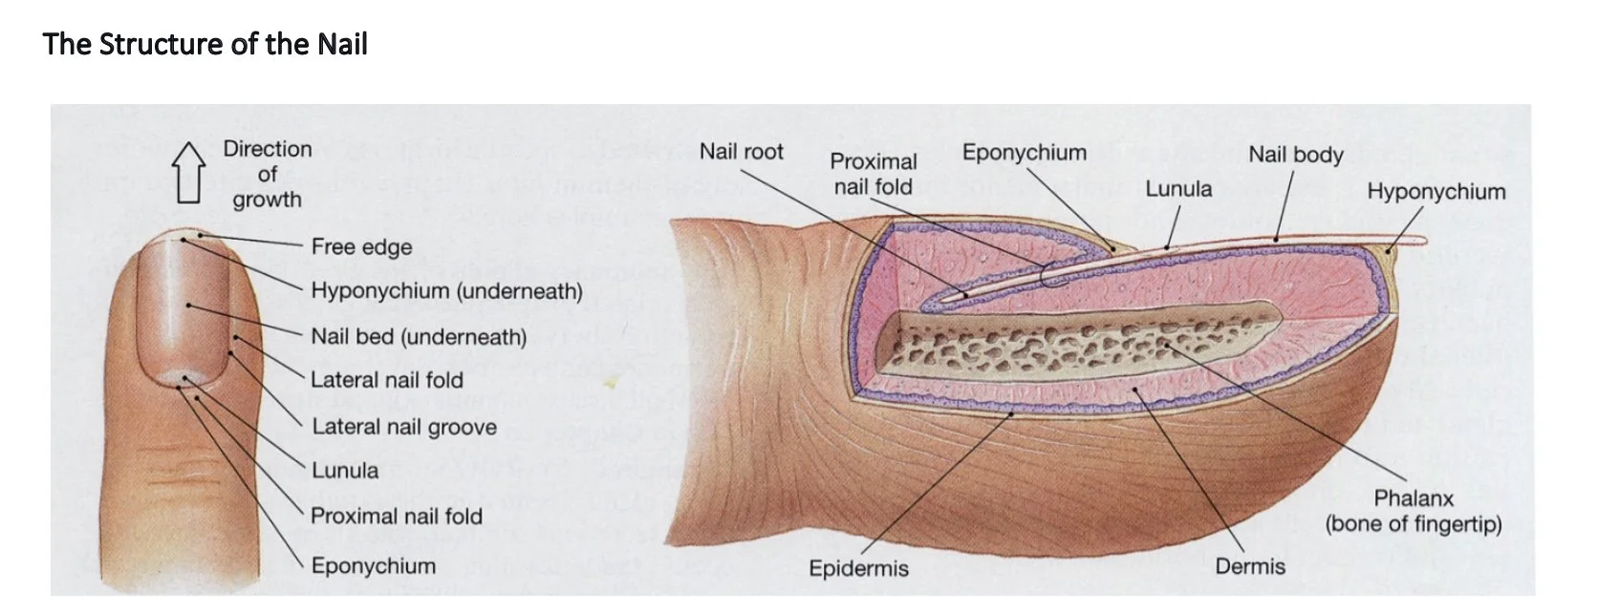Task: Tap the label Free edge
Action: (361, 247)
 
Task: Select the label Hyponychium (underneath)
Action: (446, 291)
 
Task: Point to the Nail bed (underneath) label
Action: (419, 337)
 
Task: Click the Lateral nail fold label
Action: (386, 380)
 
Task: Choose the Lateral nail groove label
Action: (403, 427)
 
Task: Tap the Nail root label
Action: (741, 152)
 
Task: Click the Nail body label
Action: (1295, 155)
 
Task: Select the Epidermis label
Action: (858, 569)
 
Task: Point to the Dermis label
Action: (1249, 567)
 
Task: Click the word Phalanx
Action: (1413, 498)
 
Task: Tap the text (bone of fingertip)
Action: (1413, 524)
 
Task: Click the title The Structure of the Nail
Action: (205, 44)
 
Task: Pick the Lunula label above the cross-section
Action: (1178, 189)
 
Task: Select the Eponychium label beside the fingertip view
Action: (373, 566)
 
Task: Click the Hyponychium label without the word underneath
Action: (1436, 192)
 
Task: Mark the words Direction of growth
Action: (267, 175)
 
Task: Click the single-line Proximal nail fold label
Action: (396, 517)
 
